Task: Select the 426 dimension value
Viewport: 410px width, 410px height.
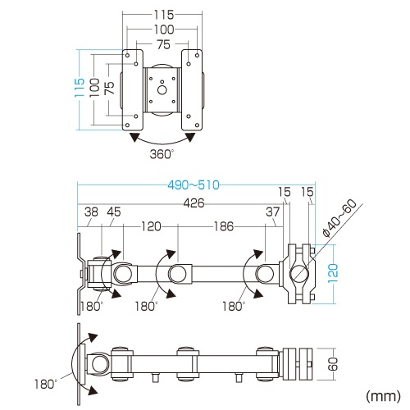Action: pyautogui.click(x=194, y=203)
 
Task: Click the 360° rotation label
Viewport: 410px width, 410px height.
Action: pyautogui.click(x=162, y=153)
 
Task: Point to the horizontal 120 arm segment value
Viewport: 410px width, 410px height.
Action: pyautogui.click(x=149, y=225)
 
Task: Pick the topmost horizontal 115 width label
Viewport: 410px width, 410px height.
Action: pyautogui.click(x=162, y=16)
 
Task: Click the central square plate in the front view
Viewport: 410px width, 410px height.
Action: pyautogui.click(x=162, y=89)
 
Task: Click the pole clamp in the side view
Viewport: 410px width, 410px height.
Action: pyautogui.click(x=299, y=273)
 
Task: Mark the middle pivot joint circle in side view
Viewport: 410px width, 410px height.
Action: pyautogui.click(x=178, y=273)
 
